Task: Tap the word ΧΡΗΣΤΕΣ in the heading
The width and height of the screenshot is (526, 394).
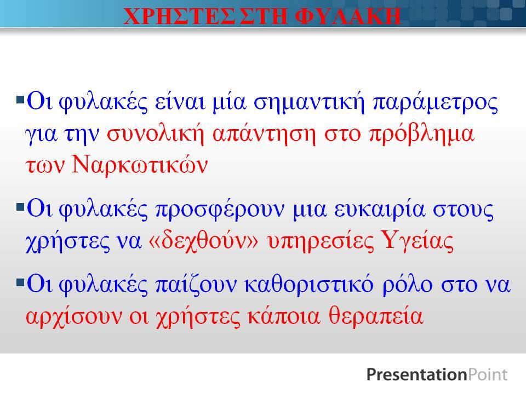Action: pyautogui.click(x=179, y=16)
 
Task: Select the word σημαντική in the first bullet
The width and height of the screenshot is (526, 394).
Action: pyautogui.click(x=308, y=102)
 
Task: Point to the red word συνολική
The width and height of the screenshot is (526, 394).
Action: pyautogui.click(x=156, y=135)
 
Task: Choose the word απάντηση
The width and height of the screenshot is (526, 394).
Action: pyautogui.click(x=264, y=135)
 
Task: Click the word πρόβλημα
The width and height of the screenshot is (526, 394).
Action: pyautogui.click(x=422, y=135)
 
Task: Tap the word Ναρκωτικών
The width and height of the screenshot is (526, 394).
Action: pyautogui.click(x=140, y=165)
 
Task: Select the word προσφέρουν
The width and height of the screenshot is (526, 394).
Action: pyautogui.click(x=220, y=210)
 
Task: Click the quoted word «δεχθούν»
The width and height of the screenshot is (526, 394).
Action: pyautogui.click(x=203, y=241)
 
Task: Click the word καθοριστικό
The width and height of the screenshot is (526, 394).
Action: pyautogui.click(x=309, y=285)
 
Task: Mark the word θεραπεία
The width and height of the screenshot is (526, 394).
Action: pyautogui.click(x=376, y=316)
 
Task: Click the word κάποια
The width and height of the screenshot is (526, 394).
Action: pyautogui.click(x=284, y=316)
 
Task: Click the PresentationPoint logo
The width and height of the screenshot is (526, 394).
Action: pyautogui.click(x=437, y=374)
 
